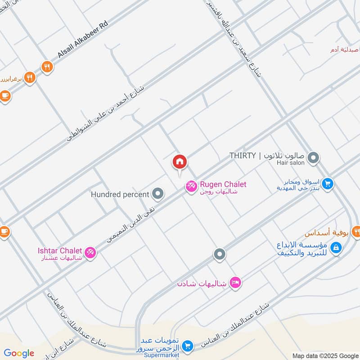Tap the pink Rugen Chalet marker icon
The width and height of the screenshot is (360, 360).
tap(191, 185)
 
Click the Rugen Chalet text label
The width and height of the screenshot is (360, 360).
tap(223, 184)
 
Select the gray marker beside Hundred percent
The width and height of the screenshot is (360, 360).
tap(157, 194)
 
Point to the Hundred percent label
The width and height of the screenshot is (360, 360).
tap(120, 194)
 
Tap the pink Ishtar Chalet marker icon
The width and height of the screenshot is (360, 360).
tap(90, 253)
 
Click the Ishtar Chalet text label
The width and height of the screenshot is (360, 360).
tap(60, 251)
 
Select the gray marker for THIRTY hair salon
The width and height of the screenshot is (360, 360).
tap(314, 158)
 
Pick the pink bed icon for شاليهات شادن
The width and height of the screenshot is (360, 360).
tap(234, 283)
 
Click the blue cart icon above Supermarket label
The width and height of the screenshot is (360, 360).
tap(188, 346)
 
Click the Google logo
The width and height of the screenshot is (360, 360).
tap(18, 353)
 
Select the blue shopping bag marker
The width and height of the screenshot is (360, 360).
tap(335, 247)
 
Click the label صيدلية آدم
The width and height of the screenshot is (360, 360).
tap(345, 49)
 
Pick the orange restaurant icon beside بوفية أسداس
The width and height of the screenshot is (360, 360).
tap(357, 233)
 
